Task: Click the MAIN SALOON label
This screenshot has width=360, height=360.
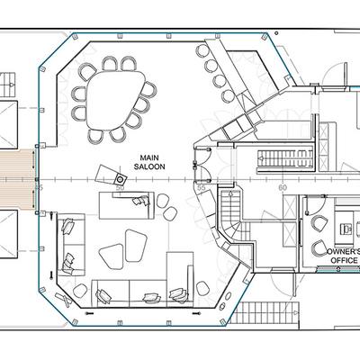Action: pyautogui.click(x=149, y=162)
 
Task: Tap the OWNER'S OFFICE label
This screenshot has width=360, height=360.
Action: pyautogui.click(x=343, y=256)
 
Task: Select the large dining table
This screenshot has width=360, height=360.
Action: pyautogui.click(x=113, y=100)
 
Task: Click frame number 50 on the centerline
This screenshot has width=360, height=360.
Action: pyautogui.click(x=120, y=188)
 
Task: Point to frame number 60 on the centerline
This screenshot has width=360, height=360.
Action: pyautogui.click(x=283, y=188)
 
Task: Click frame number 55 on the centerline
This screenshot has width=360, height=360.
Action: pyautogui.click(x=201, y=188)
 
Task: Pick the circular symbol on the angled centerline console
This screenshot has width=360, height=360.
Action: pyautogui.click(x=120, y=179)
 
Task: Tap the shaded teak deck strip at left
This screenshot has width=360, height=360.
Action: pyautogui.click(x=17, y=180)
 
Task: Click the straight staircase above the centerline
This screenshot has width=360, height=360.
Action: pyautogui.click(x=285, y=159)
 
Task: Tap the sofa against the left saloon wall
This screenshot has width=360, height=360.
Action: pyautogui.click(x=71, y=245)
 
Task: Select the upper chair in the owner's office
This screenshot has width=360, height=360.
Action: pyautogui.click(x=319, y=223)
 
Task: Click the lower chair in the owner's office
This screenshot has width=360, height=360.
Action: pyautogui.click(x=319, y=248)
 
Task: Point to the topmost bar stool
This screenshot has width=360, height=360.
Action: pyautogui.click(x=202, y=50)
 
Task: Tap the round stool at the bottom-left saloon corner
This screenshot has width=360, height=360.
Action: pyautogui.click(x=80, y=291)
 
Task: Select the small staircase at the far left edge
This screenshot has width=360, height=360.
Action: pyautogui.click(x=7, y=85)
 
